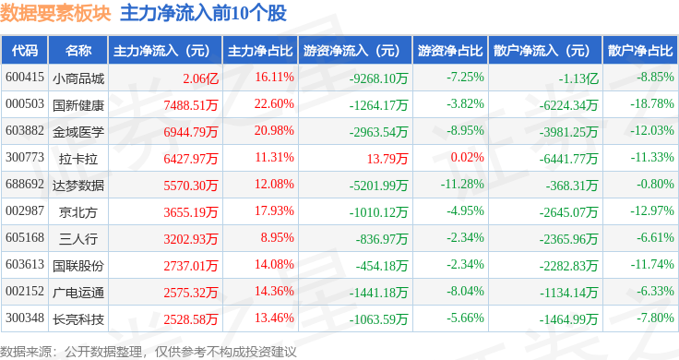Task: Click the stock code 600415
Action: point(25,78)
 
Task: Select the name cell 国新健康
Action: point(78,105)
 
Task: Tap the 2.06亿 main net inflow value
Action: point(200,78)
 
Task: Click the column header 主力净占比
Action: point(260,51)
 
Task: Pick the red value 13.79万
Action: point(387,159)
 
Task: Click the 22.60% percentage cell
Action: point(274,104)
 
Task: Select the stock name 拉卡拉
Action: point(78,159)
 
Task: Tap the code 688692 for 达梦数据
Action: point(25,184)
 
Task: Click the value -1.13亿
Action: point(578,78)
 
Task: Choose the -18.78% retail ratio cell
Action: point(652,104)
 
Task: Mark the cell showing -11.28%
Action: point(462,184)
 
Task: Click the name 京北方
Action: point(78,212)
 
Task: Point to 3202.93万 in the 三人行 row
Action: point(191,239)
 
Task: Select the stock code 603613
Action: point(25,264)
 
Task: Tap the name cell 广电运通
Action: point(78,293)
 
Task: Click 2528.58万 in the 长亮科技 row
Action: point(191,319)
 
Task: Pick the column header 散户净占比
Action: point(640,51)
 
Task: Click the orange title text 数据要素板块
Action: point(55,13)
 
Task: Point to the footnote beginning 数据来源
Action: point(149,352)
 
